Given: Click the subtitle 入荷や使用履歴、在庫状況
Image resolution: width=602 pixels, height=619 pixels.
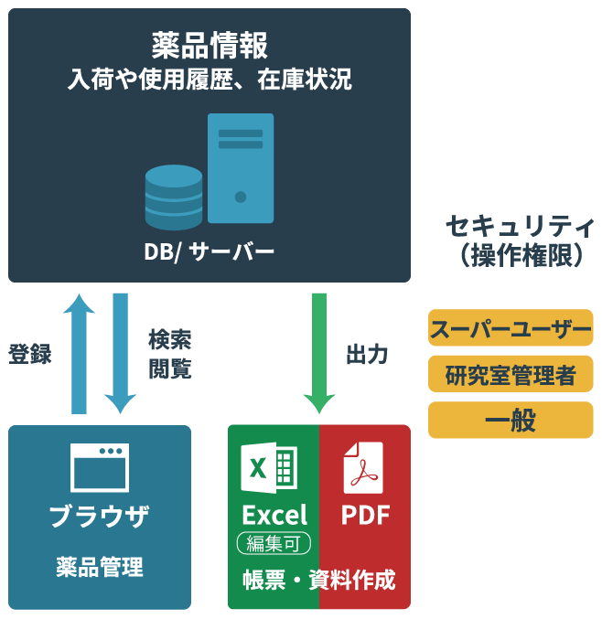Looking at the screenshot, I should coord(210,80).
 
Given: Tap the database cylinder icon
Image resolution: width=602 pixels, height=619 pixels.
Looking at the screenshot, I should coord(174,197).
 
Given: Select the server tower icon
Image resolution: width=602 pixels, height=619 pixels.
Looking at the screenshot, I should coord(241,168).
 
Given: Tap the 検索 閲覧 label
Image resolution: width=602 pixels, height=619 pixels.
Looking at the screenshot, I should coord(169,354).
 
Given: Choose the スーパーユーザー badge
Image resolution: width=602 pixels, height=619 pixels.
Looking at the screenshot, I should coord(511,328).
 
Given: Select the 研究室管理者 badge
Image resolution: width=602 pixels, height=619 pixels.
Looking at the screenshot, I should coord(511,374).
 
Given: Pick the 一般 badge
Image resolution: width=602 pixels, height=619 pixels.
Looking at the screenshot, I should coord(511,420).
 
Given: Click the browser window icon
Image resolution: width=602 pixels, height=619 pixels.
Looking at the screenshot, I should coord(100,467).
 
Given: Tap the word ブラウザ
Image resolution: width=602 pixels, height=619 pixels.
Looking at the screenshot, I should coord(100,515).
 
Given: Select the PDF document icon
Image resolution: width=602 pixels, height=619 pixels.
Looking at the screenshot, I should coord(363,467).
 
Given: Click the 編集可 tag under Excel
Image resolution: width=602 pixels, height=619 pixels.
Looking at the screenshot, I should coord(274,544).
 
